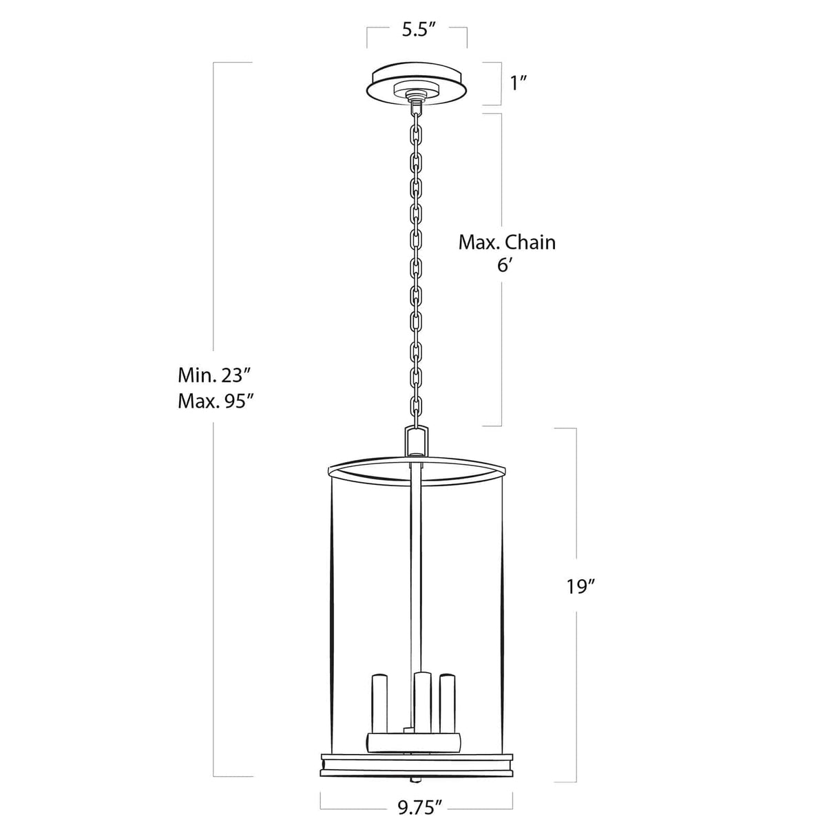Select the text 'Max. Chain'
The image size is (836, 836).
pyautogui.click(x=507, y=242)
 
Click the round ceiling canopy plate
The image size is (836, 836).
pyautogui.click(x=417, y=80)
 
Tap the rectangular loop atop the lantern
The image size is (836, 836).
pyautogui.click(x=417, y=441)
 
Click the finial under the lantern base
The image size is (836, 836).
pyautogui.click(x=416, y=780)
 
